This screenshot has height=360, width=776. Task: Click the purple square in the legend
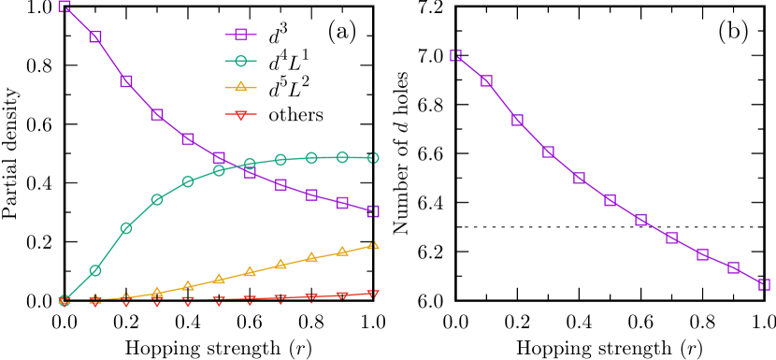tap(240, 35)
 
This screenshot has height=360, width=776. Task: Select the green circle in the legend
tap(240, 61)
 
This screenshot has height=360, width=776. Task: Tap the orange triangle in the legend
tap(240, 87)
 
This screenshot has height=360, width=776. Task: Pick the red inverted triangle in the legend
tap(240, 115)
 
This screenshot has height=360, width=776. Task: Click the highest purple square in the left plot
tap(65, 7)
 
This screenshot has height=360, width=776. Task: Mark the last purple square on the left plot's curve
tap(373, 211)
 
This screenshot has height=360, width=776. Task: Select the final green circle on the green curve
tap(373, 158)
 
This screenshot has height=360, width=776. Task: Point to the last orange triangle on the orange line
tap(373, 245)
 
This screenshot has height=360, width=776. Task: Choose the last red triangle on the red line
tap(373, 294)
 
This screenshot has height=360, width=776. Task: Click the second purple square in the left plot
tap(95, 36)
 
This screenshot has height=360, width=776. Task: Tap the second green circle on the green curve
tap(95, 270)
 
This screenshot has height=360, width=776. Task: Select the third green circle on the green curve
tap(126, 228)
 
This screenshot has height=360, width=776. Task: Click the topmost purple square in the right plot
tap(456, 56)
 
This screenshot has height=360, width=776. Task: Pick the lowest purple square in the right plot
tap(764, 284)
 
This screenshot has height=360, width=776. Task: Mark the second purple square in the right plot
tap(487, 81)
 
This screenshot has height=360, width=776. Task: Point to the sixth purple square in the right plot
tap(611, 200)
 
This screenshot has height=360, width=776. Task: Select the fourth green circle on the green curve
tap(157, 199)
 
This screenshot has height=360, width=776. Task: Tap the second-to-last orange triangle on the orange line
tap(342, 251)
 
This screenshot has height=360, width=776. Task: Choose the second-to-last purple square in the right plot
tap(733, 267)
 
